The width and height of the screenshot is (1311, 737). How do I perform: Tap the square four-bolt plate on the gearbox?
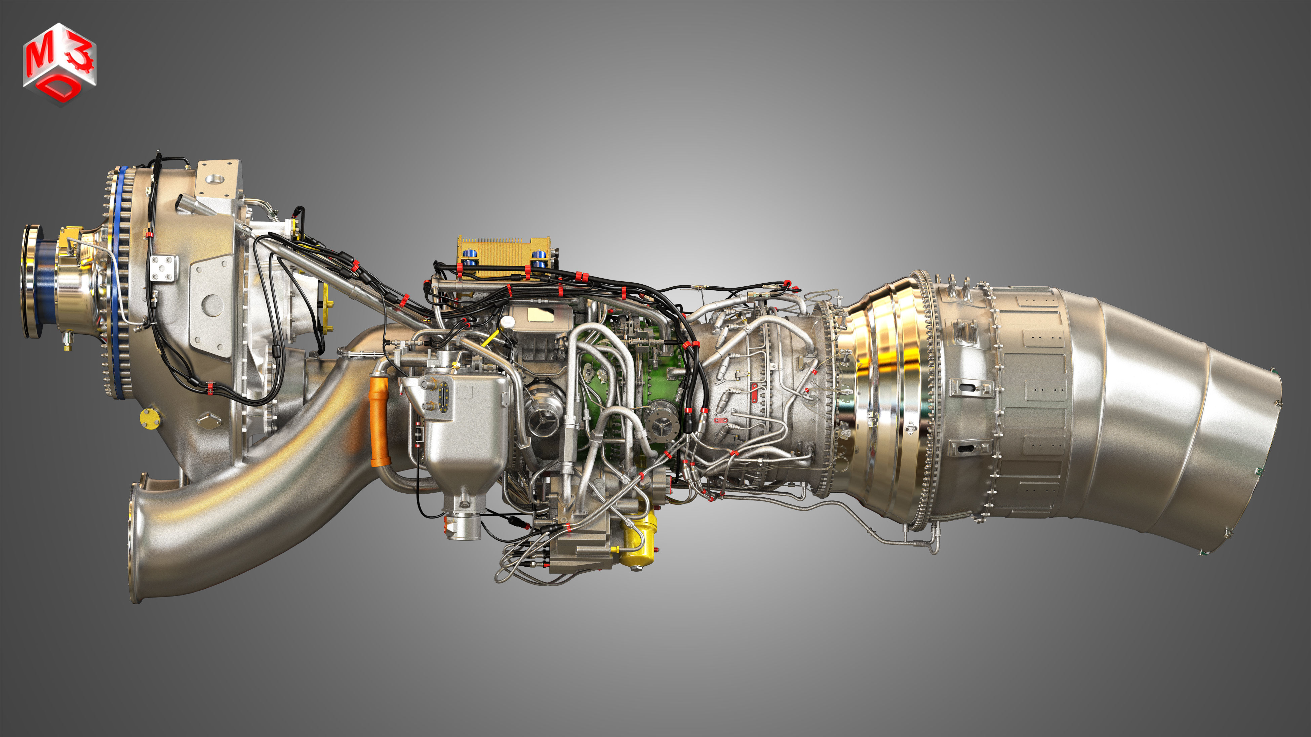click(x=164, y=268)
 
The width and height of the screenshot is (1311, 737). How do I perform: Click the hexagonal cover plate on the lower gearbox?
click(x=209, y=420)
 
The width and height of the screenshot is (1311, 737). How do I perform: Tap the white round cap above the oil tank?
click(x=507, y=322)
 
